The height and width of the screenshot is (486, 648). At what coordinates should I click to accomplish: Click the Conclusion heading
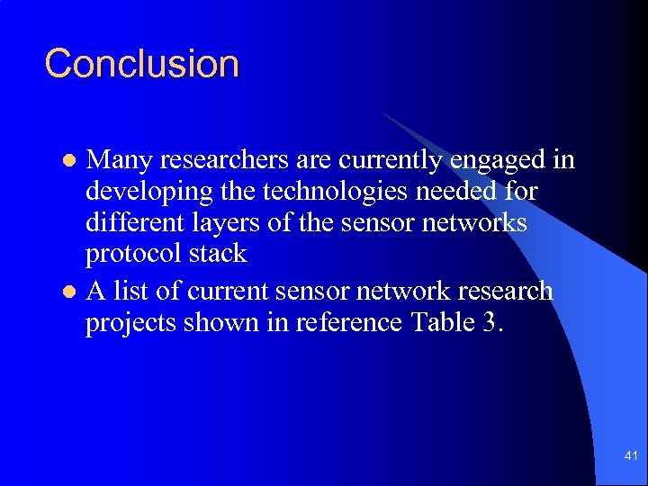pos(142,64)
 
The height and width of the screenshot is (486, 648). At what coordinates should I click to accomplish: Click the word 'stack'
pos(218,253)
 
